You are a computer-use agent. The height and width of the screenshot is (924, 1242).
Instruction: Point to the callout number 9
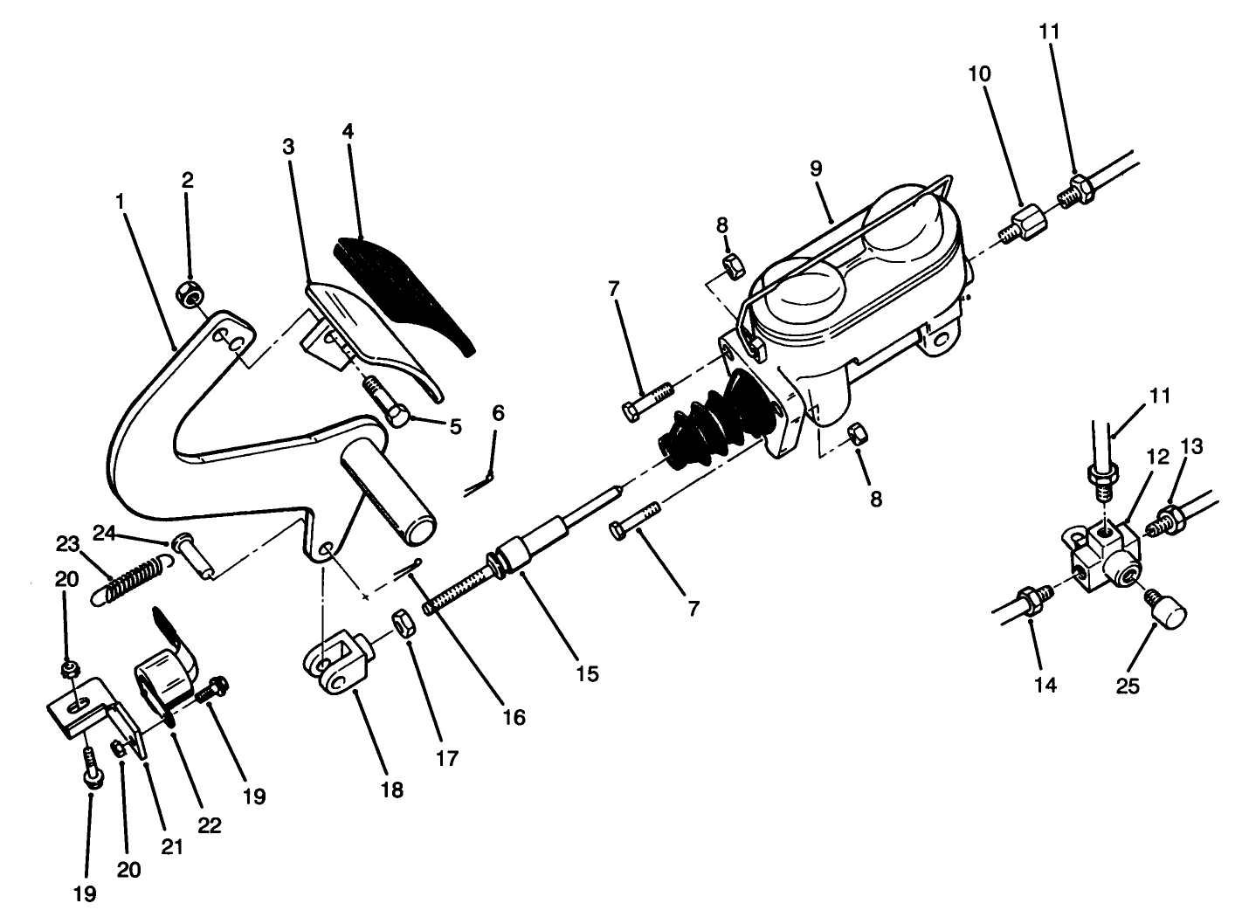pyautogui.click(x=815, y=169)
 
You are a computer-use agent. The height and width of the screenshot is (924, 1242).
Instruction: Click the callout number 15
pyautogui.click(x=587, y=673)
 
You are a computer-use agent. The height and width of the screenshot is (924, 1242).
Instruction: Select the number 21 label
pyautogui.click(x=171, y=846)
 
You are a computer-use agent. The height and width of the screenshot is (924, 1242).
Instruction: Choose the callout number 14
pyautogui.click(x=1044, y=686)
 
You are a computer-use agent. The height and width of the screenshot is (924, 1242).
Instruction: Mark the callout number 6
pyautogui.click(x=497, y=412)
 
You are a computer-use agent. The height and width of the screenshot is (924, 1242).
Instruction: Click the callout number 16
pyautogui.click(x=514, y=718)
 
